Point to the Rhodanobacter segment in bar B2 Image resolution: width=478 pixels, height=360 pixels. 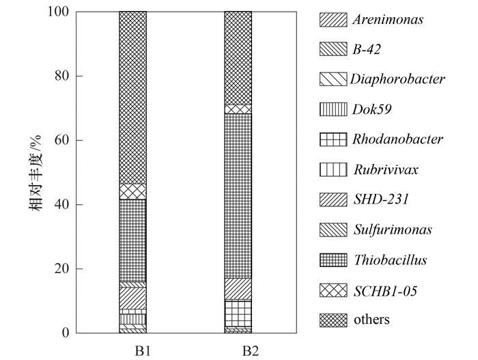click(238, 313)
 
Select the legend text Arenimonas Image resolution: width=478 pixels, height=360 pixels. click(388, 19)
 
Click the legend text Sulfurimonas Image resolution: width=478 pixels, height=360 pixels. click(392, 230)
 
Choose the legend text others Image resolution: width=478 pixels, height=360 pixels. click(371, 320)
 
